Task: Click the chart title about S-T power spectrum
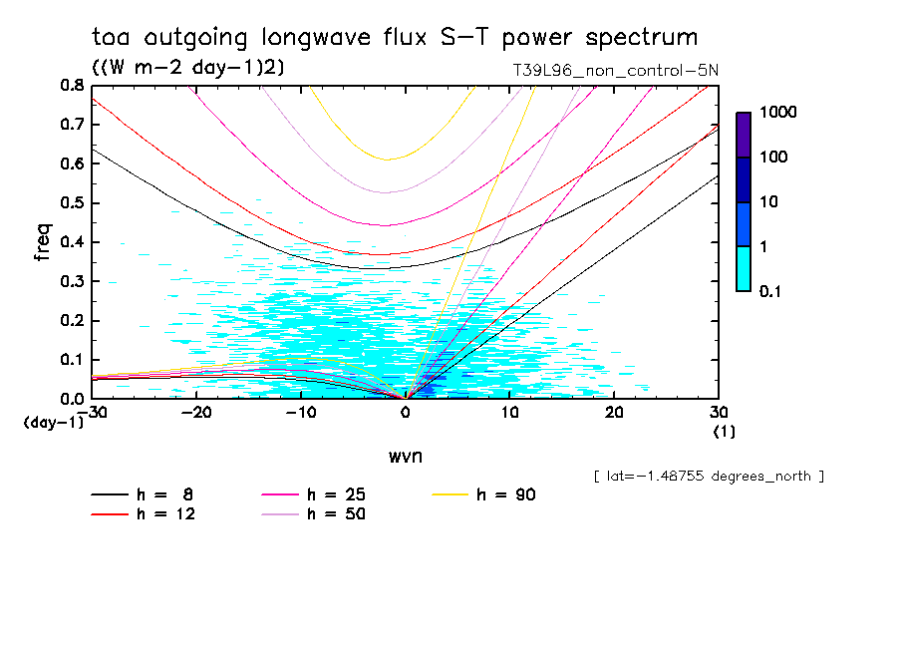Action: tap(395, 38)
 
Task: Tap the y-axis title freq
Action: tap(42, 242)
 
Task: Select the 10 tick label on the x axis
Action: tap(509, 413)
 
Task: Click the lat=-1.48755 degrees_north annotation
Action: tap(709, 477)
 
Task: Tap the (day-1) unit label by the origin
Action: tap(54, 423)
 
